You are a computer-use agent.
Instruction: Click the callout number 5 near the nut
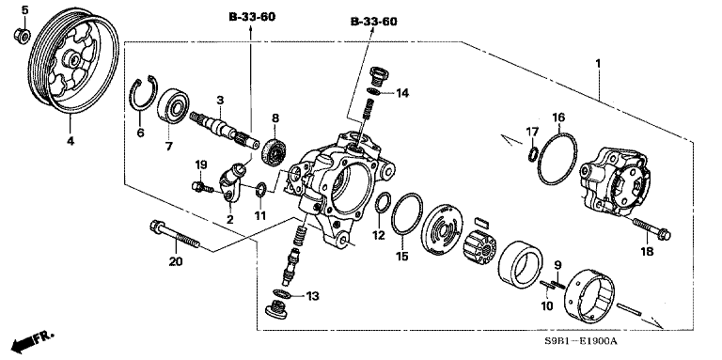[24, 10]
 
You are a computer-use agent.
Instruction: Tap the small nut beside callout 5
[22, 36]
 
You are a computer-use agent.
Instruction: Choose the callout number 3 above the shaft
[218, 101]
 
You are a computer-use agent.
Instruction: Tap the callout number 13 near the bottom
[312, 295]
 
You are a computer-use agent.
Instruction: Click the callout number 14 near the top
[402, 93]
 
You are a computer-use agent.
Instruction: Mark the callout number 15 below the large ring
[402, 256]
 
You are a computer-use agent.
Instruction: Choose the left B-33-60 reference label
[251, 17]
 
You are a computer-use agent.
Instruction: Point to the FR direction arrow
[34, 339]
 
